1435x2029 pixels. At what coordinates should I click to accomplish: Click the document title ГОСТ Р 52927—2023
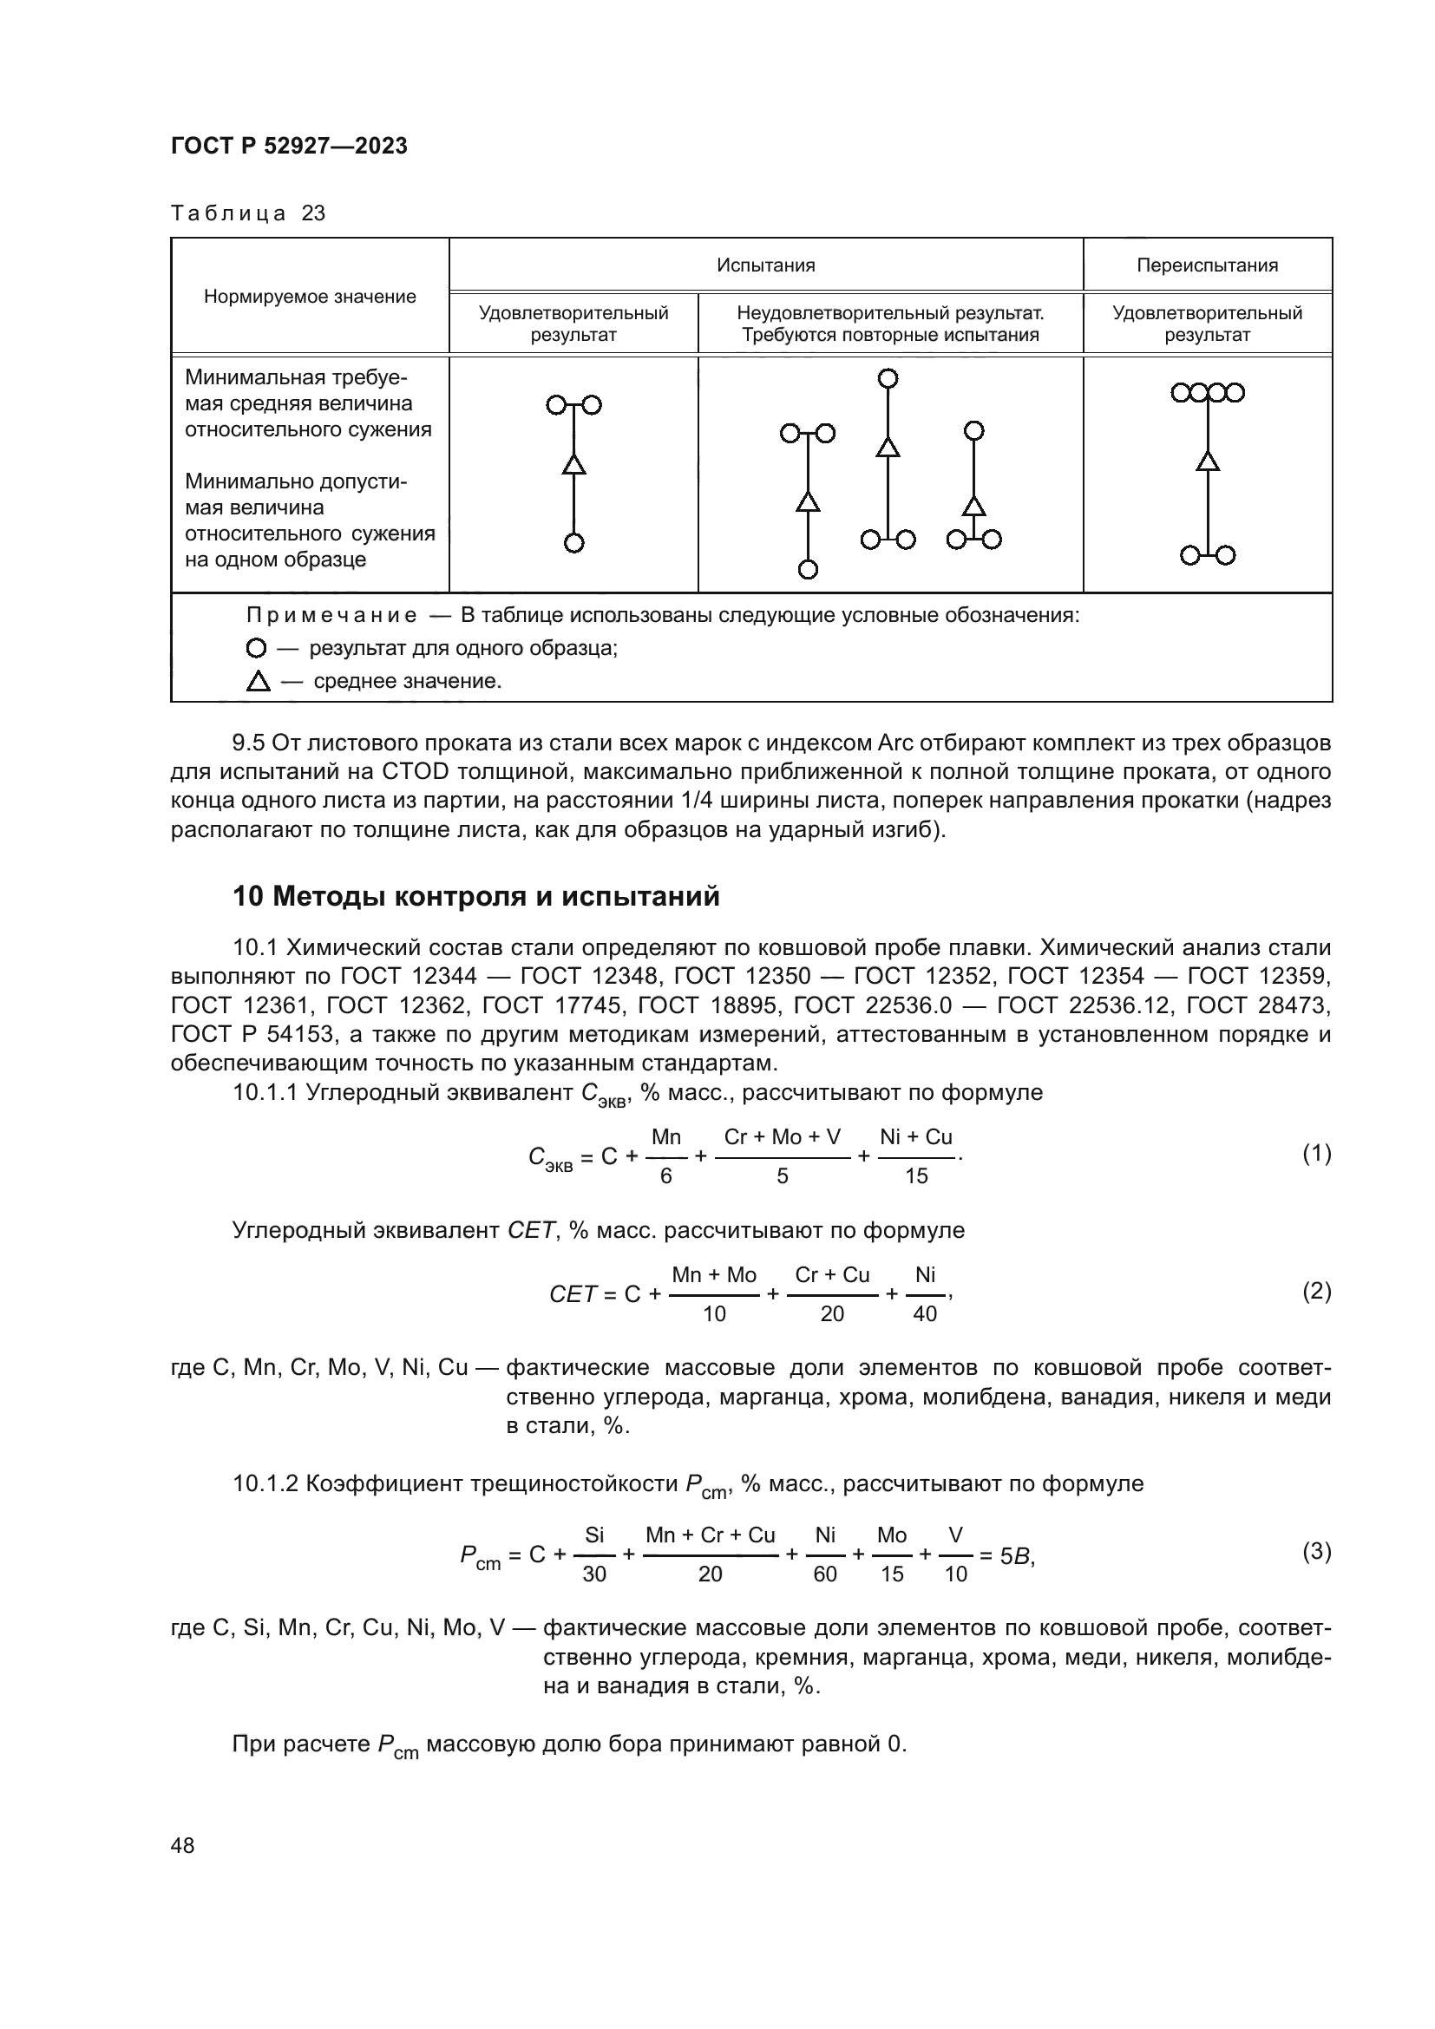[289, 147]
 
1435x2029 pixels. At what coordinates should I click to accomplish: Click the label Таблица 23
[247, 214]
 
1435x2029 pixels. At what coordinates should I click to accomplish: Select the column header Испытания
[765, 265]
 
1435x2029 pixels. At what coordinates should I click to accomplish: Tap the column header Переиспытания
[1206, 265]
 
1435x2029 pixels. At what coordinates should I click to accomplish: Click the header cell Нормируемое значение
[309, 297]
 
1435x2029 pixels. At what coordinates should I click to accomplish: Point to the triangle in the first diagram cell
[573, 465]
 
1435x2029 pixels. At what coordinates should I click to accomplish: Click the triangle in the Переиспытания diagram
[1207, 461]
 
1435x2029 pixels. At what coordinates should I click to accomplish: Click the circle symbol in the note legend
[255, 649]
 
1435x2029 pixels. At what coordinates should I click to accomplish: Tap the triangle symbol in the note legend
[258, 681]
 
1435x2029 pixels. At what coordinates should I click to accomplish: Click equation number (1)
[1316, 1153]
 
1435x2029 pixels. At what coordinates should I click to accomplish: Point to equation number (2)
[1316, 1291]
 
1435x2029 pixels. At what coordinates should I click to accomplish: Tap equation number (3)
[1316, 1551]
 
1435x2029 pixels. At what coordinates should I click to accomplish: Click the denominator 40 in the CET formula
[924, 1314]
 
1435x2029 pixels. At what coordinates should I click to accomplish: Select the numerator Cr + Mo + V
[782, 1137]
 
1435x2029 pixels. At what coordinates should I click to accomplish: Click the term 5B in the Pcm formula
[1015, 1556]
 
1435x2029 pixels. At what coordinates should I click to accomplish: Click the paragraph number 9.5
[248, 743]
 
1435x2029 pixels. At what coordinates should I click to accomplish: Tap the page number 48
[182, 1845]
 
